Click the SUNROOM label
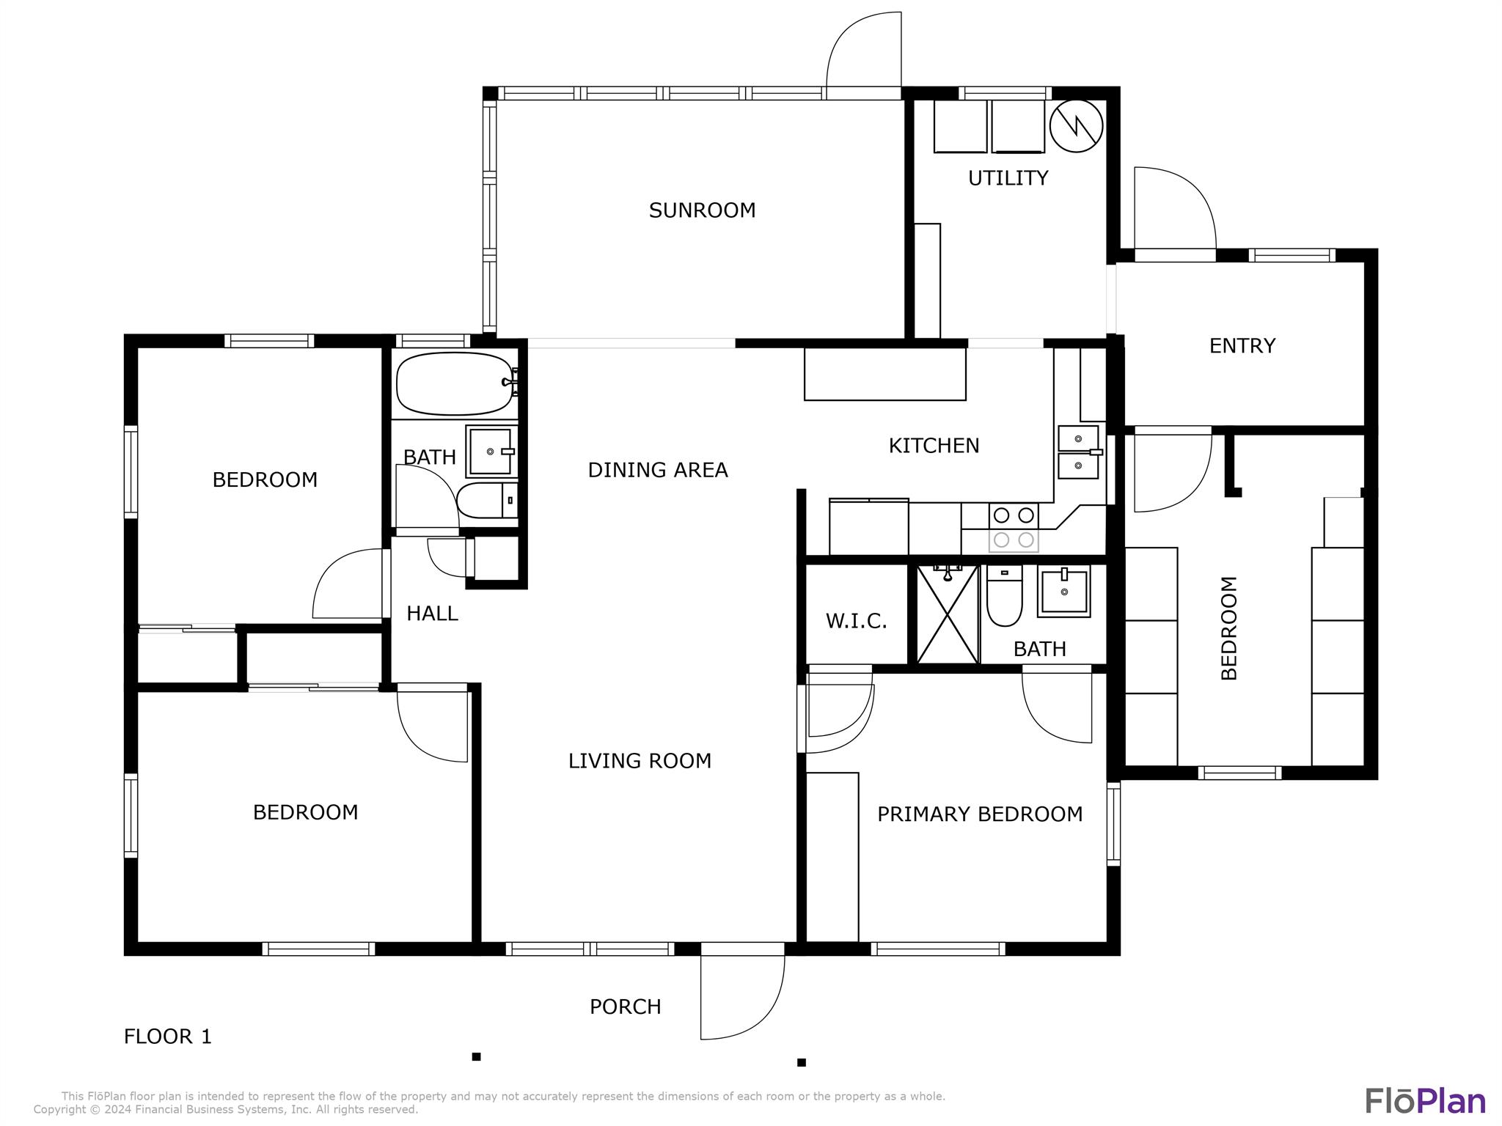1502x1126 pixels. click(x=702, y=210)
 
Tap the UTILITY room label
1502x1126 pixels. click(x=1008, y=178)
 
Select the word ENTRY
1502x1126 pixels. click(x=1242, y=345)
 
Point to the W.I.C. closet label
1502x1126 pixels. click(x=856, y=622)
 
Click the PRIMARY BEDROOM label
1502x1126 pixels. click(x=979, y=814)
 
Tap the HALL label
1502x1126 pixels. click(x=432, y=614)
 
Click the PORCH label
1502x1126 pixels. click(x=625, y=1007)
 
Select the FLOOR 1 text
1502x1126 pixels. click(x=167, y=1037)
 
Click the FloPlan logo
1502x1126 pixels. click(x=1425, y=1101)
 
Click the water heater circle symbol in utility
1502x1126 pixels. click(x=1076, y=126)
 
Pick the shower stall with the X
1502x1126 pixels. click(x=948, y=614)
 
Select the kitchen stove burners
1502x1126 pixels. click(x=1014, y=527)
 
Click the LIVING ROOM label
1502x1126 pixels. click(x=640, y=761)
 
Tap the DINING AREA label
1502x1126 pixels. click(x=658, y=470)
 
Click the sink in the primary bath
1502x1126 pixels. click(x=1063, y=591)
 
